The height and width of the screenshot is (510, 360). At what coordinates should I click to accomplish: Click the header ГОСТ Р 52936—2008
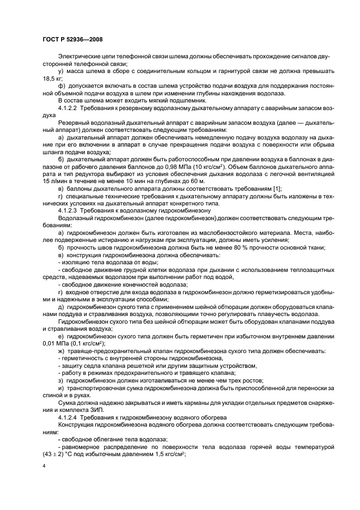pos(72,39)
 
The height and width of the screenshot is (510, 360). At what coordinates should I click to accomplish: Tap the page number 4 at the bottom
pos(44,466)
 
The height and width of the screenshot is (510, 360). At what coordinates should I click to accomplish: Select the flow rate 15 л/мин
pos(54,180)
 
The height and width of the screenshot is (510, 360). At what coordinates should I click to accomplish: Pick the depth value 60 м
pos(198,180)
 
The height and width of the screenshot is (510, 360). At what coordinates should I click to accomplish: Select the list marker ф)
pos(62,86)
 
